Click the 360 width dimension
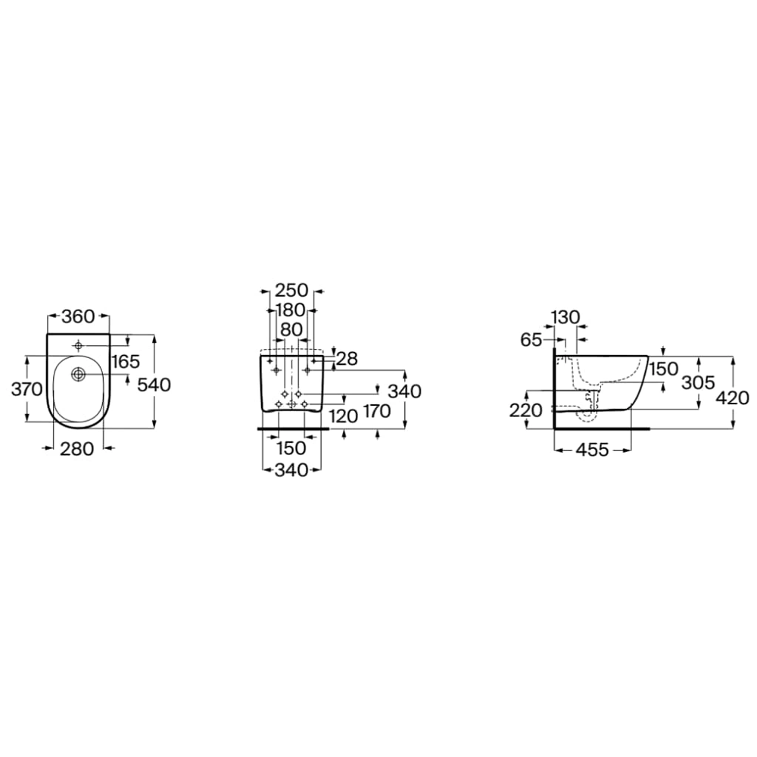(x=78, y=316)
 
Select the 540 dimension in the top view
(x=154, y=385)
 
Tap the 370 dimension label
(x=27, y=388)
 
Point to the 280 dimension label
(x=76, y=449)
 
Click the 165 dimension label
(x=125, y=361)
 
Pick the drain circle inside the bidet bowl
(x=78, y=373)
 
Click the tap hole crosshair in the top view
(x=79, y=345)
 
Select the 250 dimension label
(x=291, y=291)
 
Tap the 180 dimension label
(x=291, y=310)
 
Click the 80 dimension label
(x=291, y=330)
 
